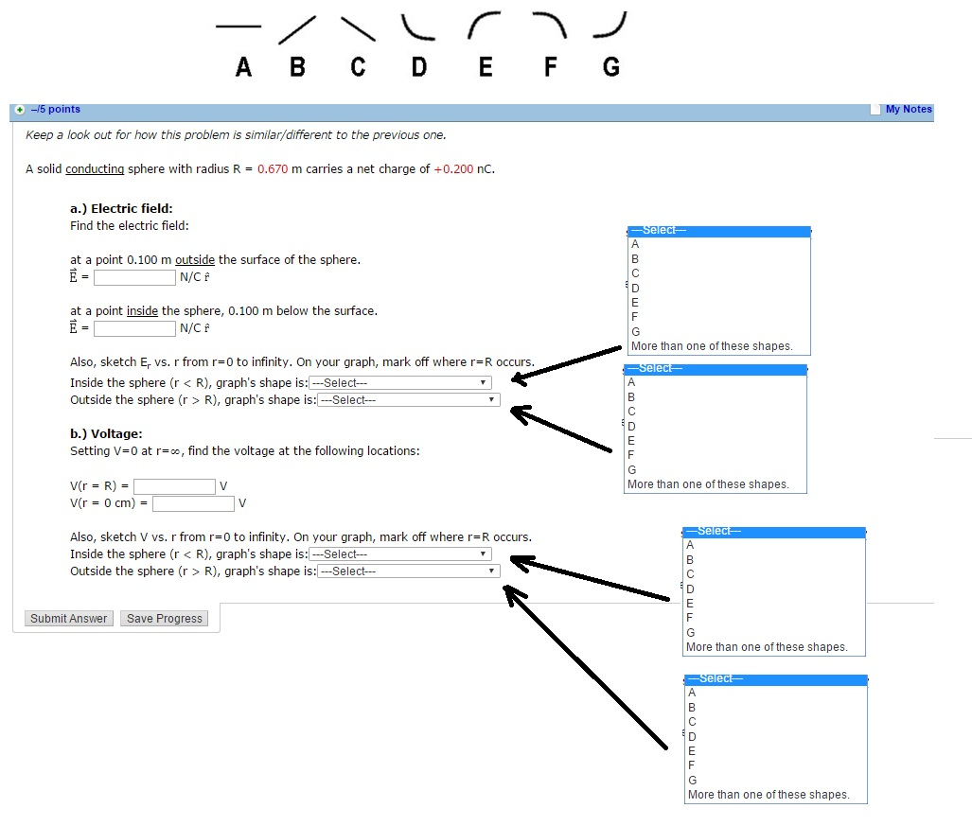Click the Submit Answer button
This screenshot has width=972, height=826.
pos(69,619)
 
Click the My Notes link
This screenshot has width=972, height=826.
pos(909,110)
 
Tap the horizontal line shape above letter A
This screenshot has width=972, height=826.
pos(238,26)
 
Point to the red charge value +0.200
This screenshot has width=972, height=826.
pos(453,169)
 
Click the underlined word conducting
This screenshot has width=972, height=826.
pos(95,169)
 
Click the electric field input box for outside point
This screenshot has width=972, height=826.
pos(134,277)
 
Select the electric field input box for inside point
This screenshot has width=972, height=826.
pos(134,328)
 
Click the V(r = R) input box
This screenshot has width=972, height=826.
pos(174,486)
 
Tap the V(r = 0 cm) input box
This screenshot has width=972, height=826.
pos(193,503)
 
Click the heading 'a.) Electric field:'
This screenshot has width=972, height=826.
pos(121,208)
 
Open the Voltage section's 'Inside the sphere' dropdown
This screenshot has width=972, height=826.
pos(399,554)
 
